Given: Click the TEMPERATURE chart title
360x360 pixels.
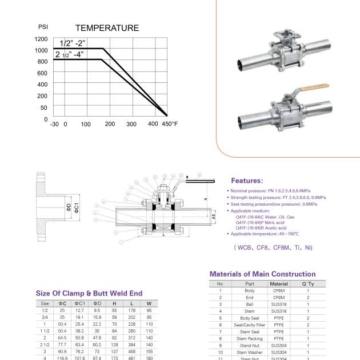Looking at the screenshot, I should coord(107,27).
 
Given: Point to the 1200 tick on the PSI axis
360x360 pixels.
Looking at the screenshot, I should coord(41,39).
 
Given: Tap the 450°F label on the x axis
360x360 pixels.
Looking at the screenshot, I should coord(170,124).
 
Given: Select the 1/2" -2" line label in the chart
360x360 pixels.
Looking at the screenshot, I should coord(72,43).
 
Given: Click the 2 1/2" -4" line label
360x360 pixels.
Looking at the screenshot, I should coord(69,54).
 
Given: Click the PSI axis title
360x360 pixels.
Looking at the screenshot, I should coord(43,27).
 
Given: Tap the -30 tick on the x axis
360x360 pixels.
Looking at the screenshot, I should coord(54,124).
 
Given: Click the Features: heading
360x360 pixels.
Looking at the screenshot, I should coord(247,180).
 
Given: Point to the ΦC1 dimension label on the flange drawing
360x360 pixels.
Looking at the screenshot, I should coord(75,209).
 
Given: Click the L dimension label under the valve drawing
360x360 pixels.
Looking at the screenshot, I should coord(163,235).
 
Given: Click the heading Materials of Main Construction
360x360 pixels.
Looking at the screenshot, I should coord(262,274).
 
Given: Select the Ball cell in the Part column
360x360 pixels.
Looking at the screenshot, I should coord(249,304).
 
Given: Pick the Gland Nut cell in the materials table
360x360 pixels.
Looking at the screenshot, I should coord(249,345).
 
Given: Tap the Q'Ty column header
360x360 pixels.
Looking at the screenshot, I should coord(308,283).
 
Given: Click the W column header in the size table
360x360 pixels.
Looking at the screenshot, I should coord(149,303).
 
